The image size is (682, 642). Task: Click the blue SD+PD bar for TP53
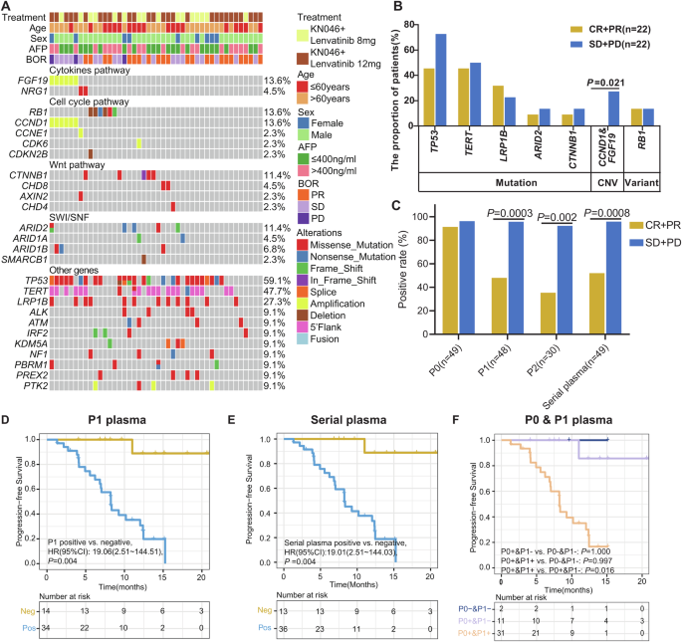[x=438, y=98]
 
